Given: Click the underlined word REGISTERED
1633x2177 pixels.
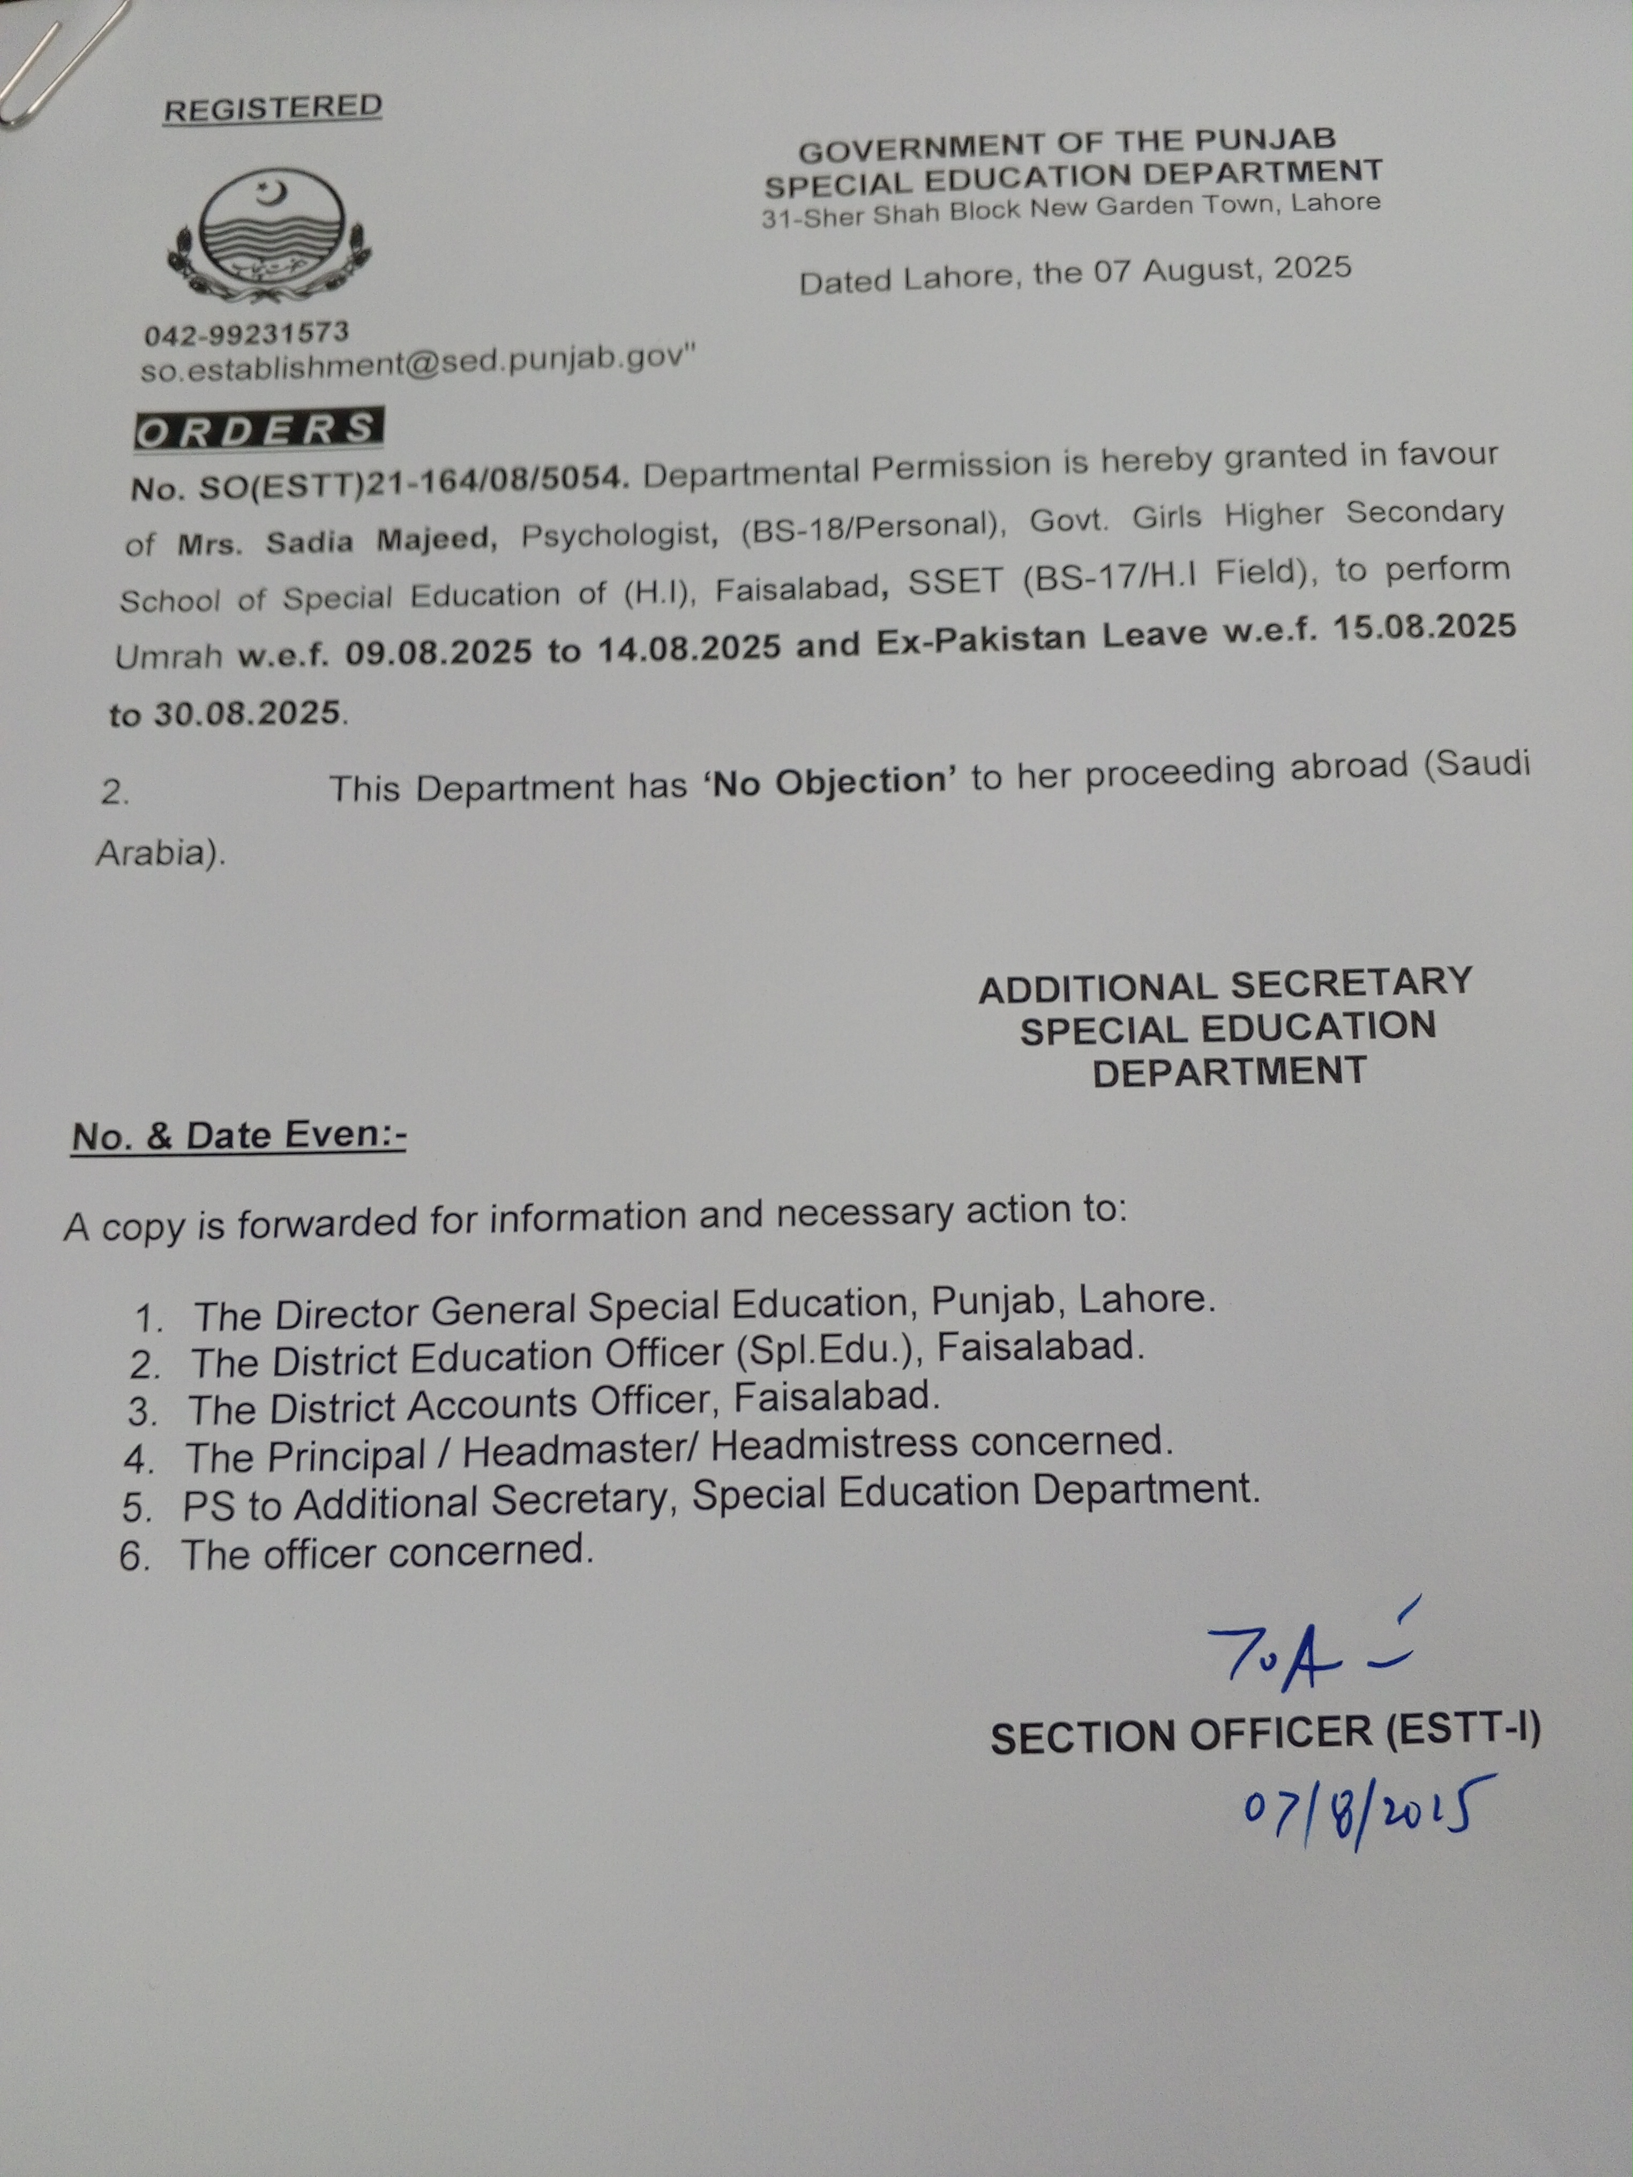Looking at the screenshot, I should point(273,108).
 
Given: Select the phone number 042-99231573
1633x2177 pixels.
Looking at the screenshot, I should point(246,335).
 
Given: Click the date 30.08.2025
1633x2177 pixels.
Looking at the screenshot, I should point(246,712).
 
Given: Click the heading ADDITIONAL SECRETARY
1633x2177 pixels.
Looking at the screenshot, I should point(1225,985).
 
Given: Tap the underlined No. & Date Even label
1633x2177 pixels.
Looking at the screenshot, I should point(238,1136).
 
